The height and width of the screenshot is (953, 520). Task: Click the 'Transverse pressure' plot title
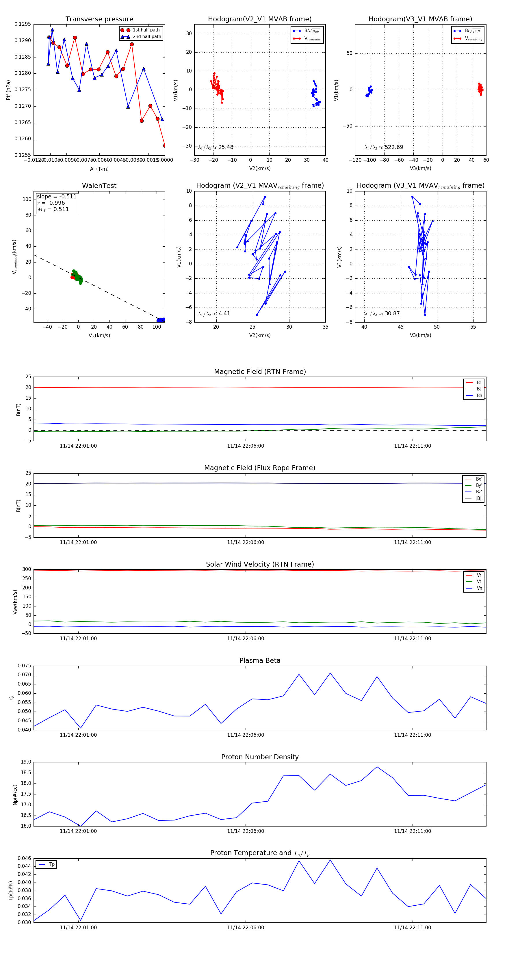pos(99,19)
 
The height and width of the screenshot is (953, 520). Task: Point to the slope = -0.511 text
pos(57,196)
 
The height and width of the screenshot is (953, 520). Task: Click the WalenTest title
pos(99,186)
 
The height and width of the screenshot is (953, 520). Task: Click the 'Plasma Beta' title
pos(260,660)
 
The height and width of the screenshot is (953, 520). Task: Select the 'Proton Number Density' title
pos(260,757)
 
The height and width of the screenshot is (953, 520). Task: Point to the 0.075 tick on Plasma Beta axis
pos(25,666)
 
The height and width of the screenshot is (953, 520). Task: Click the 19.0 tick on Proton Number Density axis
pos(26,762)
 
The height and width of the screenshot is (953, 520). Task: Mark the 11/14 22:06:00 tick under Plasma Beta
pos(245,735)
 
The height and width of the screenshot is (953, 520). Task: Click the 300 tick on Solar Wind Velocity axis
pos(27,569)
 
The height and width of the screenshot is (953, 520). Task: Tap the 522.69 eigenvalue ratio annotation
pos(393,147)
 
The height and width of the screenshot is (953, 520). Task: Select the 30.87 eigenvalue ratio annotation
pos(392,313)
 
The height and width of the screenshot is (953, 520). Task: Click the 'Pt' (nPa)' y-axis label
pos(8,90)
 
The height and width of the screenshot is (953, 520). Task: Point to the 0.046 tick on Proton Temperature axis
pos(25,858)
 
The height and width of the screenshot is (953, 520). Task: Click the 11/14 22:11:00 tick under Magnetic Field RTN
pos(412,446)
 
